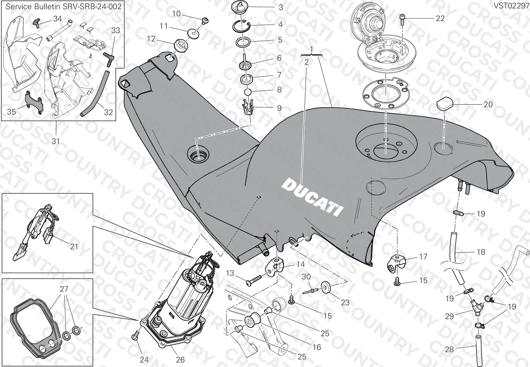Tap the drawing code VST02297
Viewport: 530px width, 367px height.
[511, 6]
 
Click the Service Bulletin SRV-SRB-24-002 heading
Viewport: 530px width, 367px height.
[64, 6]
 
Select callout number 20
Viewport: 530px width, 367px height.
[488, 104]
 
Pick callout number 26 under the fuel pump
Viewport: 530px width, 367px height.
[180, 359]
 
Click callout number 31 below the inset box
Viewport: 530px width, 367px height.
[55, 141]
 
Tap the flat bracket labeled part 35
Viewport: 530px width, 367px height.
[34, 103]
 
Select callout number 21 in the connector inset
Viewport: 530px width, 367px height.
[74, 246]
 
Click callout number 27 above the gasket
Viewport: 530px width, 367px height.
[64, 289]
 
